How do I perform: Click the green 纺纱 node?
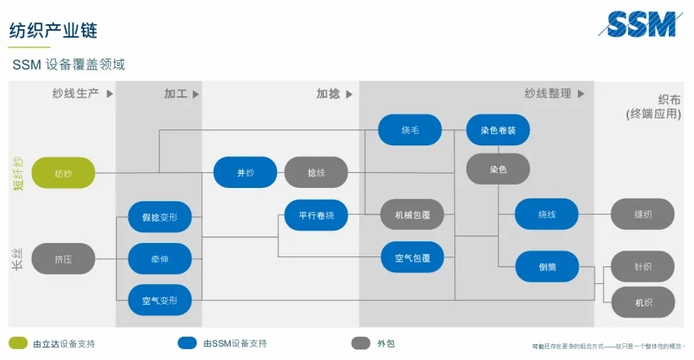point(63,173)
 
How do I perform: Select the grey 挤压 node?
point(63,259)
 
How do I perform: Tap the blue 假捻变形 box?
point(160,217)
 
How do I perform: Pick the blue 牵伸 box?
point(160,259)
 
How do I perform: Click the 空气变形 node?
point(160,300)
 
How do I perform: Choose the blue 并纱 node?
point(245,173)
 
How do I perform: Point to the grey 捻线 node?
point(316,173)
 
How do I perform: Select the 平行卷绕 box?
point(316,215)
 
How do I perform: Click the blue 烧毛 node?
point(409,130)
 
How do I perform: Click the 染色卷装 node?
point(498,130)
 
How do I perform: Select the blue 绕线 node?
point(546,214)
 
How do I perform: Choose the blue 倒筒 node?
point(546,266)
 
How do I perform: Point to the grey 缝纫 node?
point(642,214)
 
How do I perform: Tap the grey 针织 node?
point(642,266)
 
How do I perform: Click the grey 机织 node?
point(642,302)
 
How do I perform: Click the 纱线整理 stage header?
point(549,94)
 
